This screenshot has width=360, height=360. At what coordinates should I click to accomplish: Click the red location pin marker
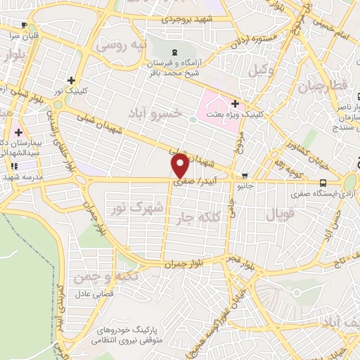pyautogui.click(x=181, y=166)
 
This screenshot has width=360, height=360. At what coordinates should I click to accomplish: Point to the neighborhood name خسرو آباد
pyautogui.click(x=158, y=112)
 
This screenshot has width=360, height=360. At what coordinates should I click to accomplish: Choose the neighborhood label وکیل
pyautogui.click(x=259, y=70)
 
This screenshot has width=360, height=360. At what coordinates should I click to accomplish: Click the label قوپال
pyautogui.click(x=275, y=212)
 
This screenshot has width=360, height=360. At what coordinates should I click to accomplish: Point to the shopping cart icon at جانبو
pyautogui.click(x=244, y=176)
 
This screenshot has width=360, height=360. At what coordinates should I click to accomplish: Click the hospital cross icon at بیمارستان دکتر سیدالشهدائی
pyautogui.click(x=18, y=131)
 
